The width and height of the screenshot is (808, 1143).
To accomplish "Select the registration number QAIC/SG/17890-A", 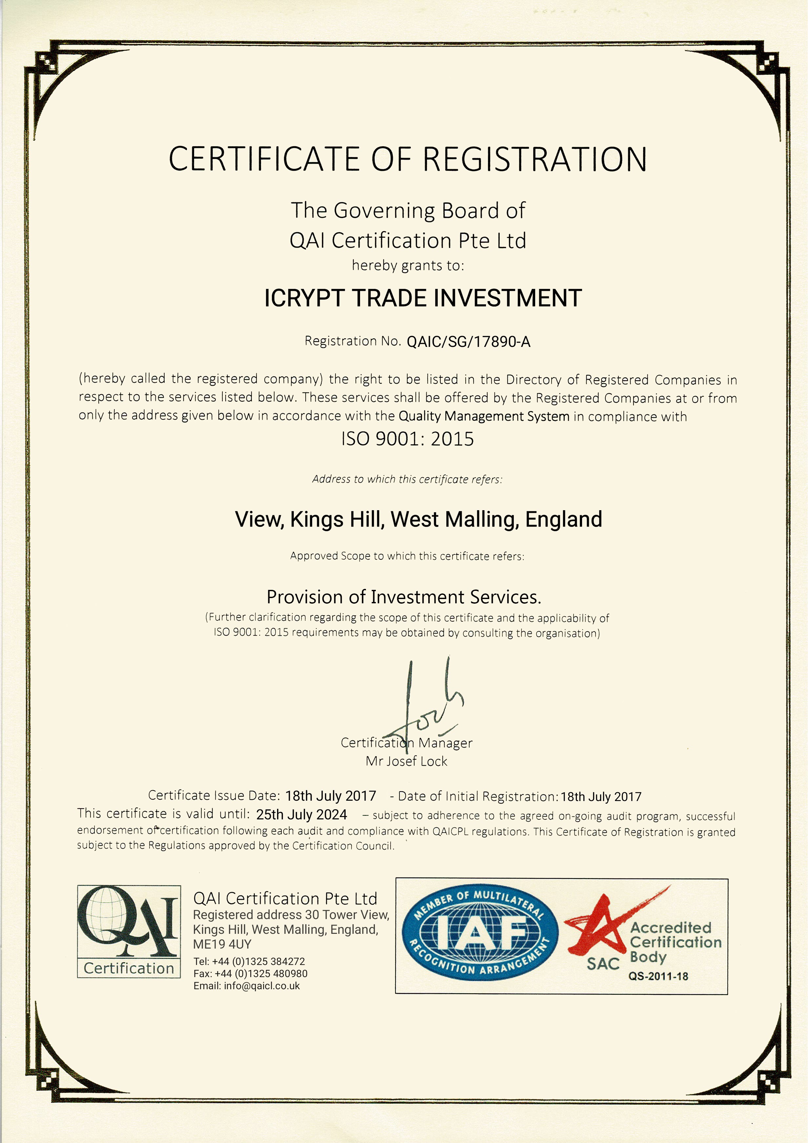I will (469, 342).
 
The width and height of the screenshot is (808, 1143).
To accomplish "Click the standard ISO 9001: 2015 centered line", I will (407, 439).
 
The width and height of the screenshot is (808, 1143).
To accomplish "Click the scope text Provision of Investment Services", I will (404, 597).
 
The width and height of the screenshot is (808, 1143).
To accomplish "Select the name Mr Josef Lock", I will (406, 761).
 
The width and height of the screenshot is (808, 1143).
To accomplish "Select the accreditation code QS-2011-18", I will (658, 976).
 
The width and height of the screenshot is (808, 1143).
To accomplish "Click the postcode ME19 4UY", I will (222, 944).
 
